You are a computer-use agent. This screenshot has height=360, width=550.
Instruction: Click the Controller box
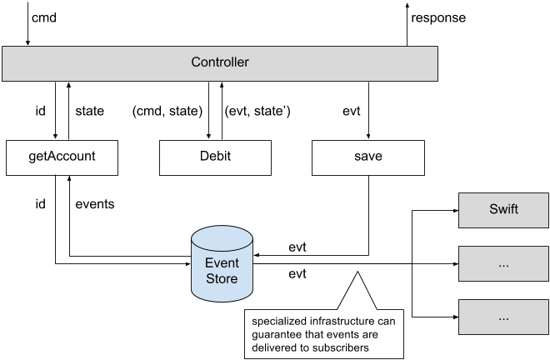coord(220,62)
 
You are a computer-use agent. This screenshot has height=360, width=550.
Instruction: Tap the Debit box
coord(215,157)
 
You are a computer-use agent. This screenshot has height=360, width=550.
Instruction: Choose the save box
coord(368,157)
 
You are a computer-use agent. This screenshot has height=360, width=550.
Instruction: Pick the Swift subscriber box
coord(503,208)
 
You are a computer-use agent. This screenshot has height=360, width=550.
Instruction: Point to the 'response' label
coord(439,17)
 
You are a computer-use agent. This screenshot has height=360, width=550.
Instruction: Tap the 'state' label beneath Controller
coord(90,109)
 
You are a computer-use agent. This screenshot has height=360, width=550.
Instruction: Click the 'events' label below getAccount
coord(95,202)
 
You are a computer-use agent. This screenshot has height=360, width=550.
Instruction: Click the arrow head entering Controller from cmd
coord(28,43)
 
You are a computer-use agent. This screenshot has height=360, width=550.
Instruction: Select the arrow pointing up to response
coord(407,25)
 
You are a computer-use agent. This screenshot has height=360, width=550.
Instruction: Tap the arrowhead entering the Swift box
coord(454,209)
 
